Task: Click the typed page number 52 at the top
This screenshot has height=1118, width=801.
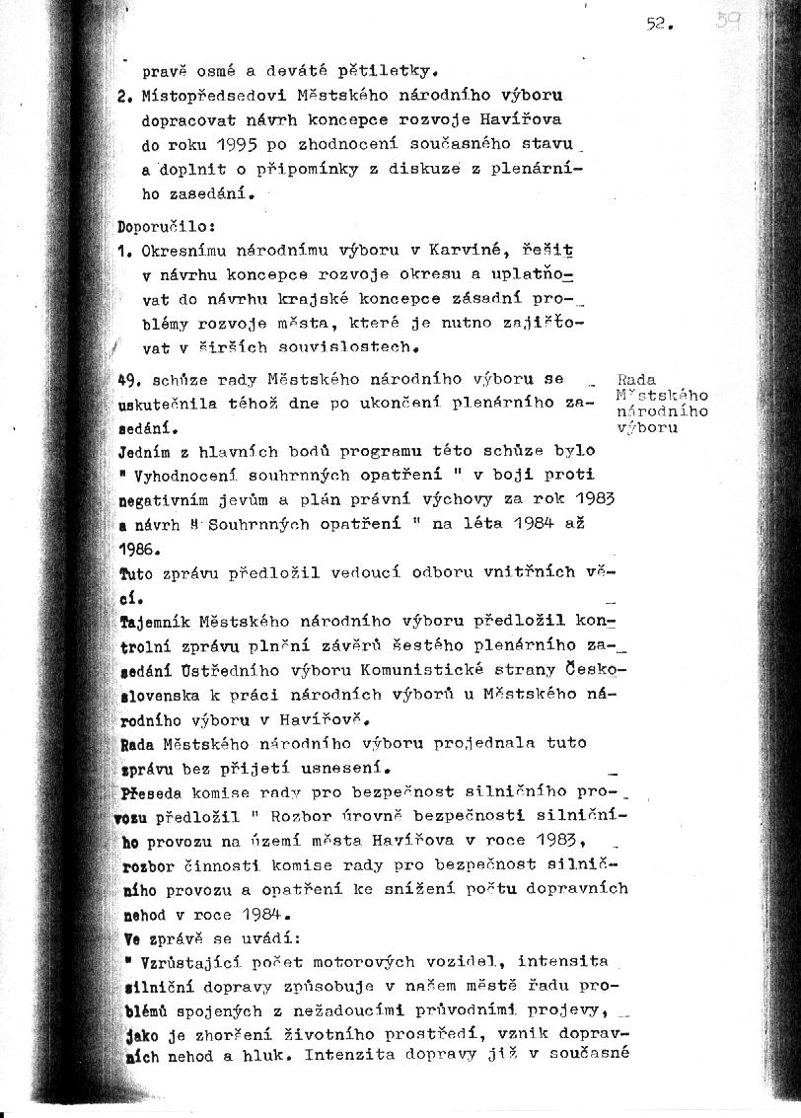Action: (658, 27)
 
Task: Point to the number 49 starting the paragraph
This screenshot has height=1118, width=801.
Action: (129, 379)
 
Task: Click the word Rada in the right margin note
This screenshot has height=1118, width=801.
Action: (636, 380)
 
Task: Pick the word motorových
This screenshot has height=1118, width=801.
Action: (368, 961)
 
